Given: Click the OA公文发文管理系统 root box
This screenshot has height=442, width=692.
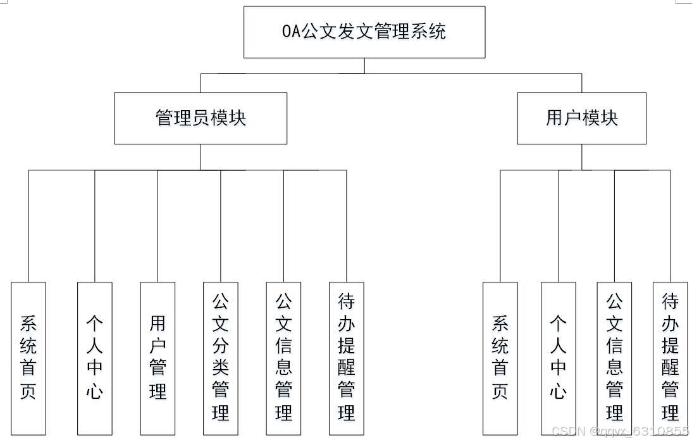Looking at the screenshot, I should (x=364, y=32).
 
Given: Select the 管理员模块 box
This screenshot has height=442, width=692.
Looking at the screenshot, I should (x=201, y=118).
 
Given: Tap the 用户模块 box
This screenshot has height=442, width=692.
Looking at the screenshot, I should (x=581, y=118).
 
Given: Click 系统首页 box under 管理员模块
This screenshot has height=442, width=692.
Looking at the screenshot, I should (x=28, y=358).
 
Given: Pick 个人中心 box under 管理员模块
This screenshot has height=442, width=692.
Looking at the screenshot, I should (x=95, y=358).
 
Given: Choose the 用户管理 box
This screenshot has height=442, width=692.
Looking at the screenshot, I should (x=158, y=358).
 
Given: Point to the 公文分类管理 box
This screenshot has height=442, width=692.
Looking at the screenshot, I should (x=221, y=358).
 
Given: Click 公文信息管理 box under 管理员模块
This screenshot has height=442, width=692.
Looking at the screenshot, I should (x=283, y=358).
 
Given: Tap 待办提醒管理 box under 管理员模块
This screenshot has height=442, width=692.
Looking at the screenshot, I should (x=346, y=358).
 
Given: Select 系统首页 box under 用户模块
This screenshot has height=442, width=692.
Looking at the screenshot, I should (x=500, y=358).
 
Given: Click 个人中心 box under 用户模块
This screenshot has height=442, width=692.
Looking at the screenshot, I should (x=559, y=358).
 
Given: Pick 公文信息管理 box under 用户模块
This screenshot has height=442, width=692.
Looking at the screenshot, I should (x=614, y=358).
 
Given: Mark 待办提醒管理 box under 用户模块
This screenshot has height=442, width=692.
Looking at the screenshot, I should (x=670, y=358).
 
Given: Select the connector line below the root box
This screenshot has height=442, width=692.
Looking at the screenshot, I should (x=364, y=66).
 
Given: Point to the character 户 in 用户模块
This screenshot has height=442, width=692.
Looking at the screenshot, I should (x=573, y=118).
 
